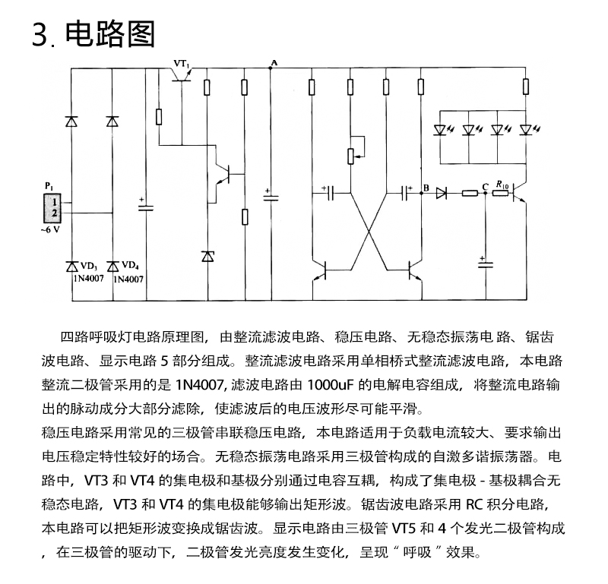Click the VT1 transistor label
pos(182,64)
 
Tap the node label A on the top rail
pos(274,63)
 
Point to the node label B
pos(426,188)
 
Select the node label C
pos(485,187)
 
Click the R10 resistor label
pos(502,185)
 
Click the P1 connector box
pos(52,208)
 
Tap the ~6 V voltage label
pos(50,229)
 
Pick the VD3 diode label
pos(89,267)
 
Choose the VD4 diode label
pos(130,266)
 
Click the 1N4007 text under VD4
pos(128,279)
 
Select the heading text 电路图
pos(110,34)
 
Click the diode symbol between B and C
pos(442,193)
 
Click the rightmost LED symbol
pos(527,129)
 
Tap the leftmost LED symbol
pos(441,129)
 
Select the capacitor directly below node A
pos(271,197)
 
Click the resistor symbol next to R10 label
pos(501,193)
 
